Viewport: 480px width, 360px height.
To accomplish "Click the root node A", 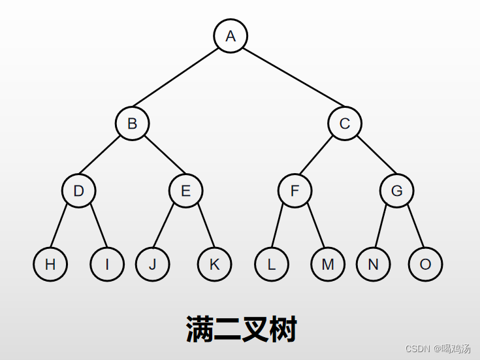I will coord(230,36).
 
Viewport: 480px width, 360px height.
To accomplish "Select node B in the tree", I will coord(132,123).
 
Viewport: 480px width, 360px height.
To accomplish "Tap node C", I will coord(344,123).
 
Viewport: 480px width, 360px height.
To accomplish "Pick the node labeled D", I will coord(79,191).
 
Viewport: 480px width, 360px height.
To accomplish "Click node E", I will coord(185,191).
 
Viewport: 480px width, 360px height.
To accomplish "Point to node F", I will coord(295,191).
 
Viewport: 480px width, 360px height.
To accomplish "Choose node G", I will coord(397,191).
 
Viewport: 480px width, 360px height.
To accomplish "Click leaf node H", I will coord(50,264).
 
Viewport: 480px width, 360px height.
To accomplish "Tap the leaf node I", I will coord(107,264).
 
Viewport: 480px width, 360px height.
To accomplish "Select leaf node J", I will coord(152,264).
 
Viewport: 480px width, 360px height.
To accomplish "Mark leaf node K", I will coord(214,264).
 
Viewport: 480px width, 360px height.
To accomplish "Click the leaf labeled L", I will coord(271,264).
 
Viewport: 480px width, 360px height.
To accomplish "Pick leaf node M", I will coord(327,264).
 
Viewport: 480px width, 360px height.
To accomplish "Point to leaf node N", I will coord(373,264).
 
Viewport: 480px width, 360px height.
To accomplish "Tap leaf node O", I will coord(425,264).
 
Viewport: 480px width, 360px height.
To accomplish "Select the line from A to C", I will coord(287,80).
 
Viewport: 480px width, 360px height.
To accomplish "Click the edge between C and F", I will coord(319,157).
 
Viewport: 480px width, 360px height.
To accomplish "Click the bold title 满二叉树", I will coord(241,329).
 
